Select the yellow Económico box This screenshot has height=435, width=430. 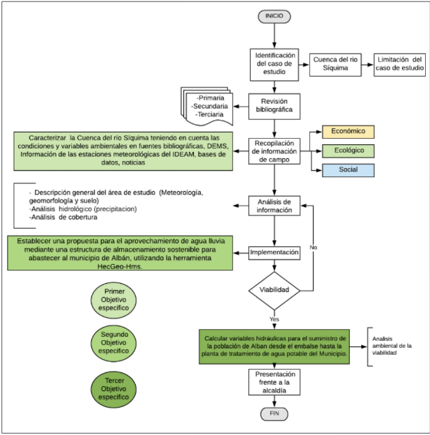coord(348,132)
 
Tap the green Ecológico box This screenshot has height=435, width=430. coord(348,151)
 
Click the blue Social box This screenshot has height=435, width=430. coord(348,170)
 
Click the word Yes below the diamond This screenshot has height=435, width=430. coord(274,319)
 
